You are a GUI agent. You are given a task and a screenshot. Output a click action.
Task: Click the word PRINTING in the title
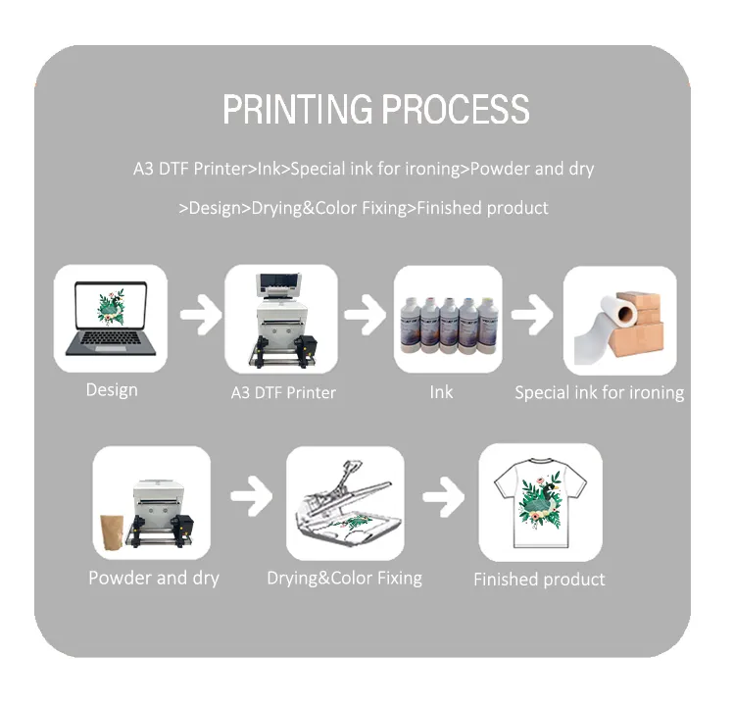click(297, 109)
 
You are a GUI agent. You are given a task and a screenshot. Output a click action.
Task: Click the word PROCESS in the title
click(456, 109)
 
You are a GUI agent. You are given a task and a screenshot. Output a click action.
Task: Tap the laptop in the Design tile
click(111, 319)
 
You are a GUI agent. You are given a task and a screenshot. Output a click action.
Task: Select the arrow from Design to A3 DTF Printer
click(201, 315)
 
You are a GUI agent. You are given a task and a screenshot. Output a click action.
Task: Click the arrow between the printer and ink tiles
click(365, 315)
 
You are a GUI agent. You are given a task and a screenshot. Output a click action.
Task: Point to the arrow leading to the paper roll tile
click(532, 315)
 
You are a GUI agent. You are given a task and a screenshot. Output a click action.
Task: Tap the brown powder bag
click(112, 532)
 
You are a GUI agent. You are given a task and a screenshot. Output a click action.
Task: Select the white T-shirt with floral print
click(540, 503)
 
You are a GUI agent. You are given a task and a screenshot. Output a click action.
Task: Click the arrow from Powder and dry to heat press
click(251, 496)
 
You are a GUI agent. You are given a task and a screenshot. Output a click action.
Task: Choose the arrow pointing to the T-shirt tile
click(443, 497)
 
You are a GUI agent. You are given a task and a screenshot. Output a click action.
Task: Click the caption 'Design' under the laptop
click(112, 390)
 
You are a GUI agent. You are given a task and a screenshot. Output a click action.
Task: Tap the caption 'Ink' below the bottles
click(441, 392)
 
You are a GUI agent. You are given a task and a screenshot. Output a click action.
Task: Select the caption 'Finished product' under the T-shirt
click(539, 580)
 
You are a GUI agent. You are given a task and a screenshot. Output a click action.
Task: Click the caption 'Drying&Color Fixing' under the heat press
click(345, 579)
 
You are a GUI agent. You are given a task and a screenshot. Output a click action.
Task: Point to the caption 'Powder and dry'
click(154, 578)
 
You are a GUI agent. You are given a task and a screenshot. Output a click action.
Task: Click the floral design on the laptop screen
click(111, 307)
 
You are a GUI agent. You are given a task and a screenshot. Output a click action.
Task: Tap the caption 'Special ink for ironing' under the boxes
click(600, 392)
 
